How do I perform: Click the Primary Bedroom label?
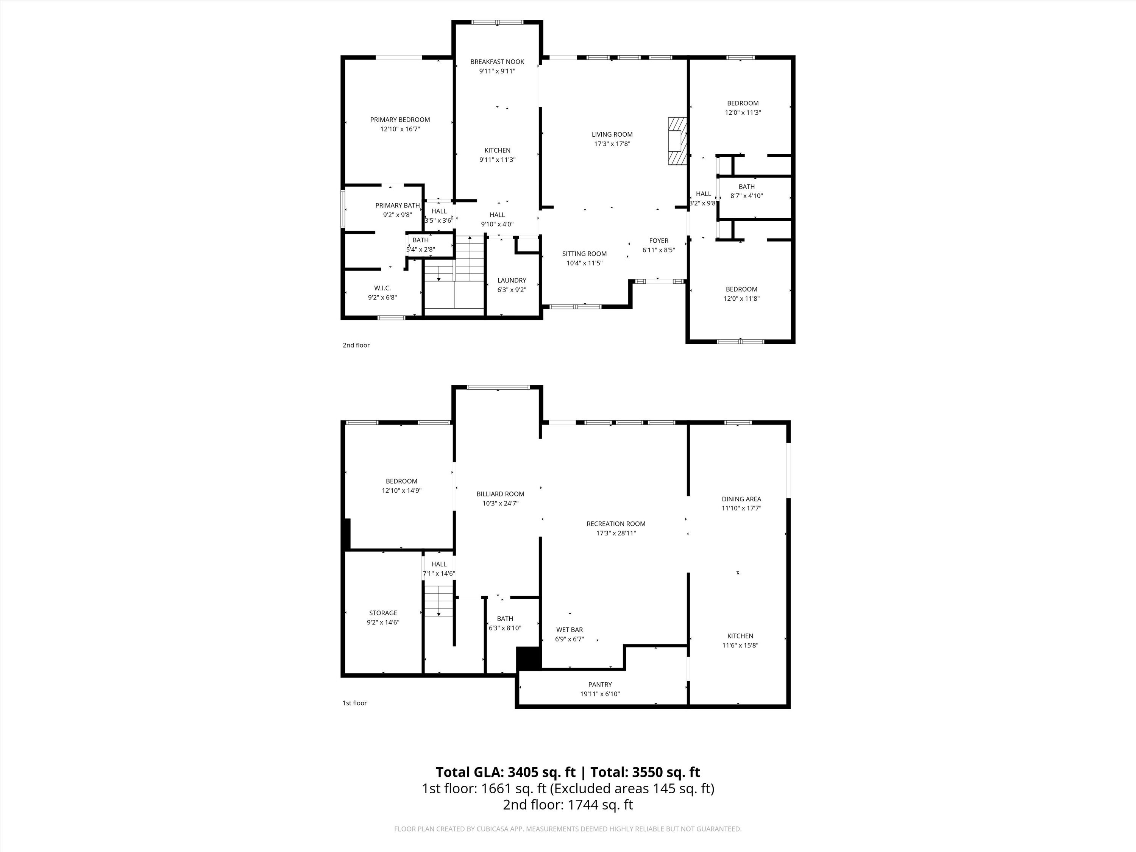tap(400, 120)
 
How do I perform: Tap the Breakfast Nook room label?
tap(497, 62)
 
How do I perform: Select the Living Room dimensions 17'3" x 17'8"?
tap(612, 144)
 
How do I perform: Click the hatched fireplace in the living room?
tap(677, 141)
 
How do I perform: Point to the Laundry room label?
tap(512, 281)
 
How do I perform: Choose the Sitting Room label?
tap(584, 254)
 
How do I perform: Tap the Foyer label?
tap(659, 240)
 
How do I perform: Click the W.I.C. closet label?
tap(382, 288)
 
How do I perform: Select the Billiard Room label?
tap(500, 494)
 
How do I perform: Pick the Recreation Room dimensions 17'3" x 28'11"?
tap(616, 533)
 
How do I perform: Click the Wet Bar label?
tap(570, 630)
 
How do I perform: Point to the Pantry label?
tap(600, 685)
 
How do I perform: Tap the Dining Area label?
tap(741, 499)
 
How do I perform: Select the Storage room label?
tap(383, 613)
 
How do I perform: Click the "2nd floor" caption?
tap(356, 345)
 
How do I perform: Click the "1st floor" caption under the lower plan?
tap(355, 703)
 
